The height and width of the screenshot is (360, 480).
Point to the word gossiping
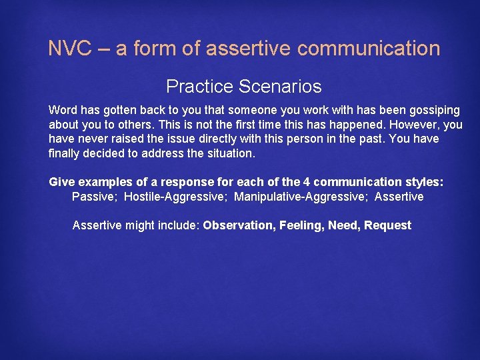click(434, 110)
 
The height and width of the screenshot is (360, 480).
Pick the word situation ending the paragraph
click(230, 153)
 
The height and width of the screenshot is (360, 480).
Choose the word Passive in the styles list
click(93, 197)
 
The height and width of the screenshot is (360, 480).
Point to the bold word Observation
click(238, 225)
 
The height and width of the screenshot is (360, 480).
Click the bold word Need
click(342, 225)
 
